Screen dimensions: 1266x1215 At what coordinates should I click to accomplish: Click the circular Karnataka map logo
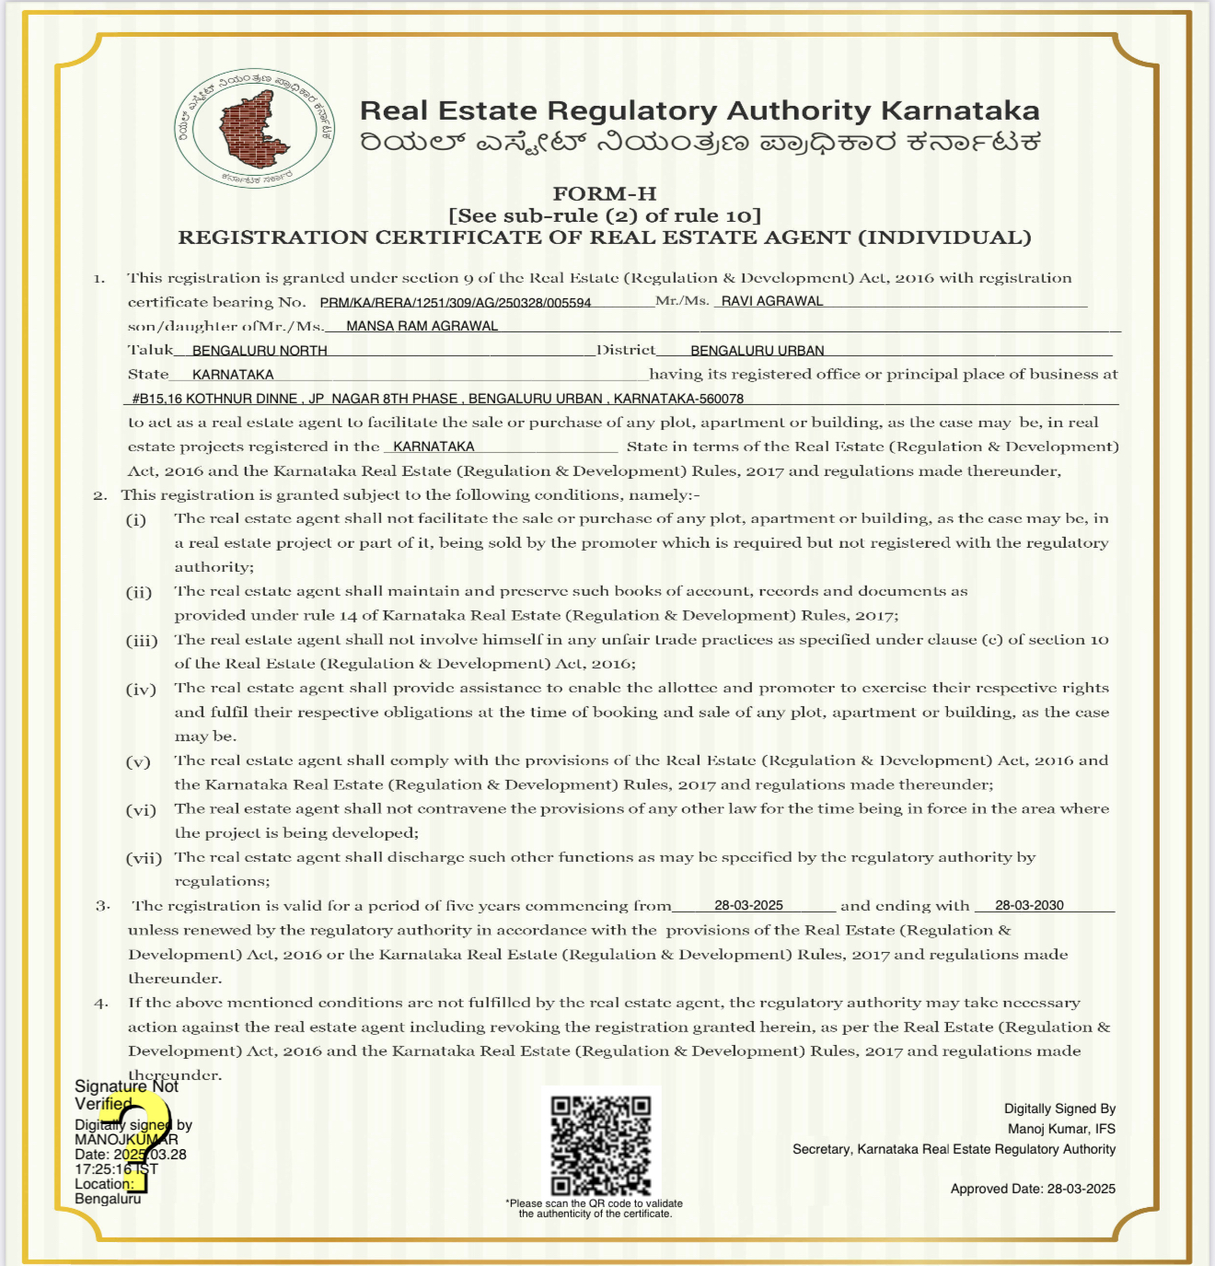click(255, 127)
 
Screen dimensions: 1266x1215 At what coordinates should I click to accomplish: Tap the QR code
click(601, 1144)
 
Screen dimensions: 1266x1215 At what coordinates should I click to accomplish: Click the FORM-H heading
click(604, 193)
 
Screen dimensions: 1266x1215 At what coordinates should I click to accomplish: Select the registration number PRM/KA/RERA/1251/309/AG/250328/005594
click(456, 302)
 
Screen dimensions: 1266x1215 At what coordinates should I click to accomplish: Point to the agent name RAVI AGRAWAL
click(772, 301)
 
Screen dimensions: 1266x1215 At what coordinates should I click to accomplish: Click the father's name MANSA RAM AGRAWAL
click(422, 326)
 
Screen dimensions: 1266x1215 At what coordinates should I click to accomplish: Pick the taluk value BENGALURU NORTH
click(260, 351)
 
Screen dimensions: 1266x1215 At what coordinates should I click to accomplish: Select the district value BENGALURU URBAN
click(757, 351)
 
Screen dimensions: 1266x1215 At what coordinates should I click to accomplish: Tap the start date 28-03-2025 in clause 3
click(748, 905)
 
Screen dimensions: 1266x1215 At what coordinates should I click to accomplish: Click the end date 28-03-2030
click(1029, 905)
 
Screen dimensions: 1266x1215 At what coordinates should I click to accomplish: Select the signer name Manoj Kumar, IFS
click(1061, 1129)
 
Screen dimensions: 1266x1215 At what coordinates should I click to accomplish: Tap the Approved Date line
click(1033, 1189)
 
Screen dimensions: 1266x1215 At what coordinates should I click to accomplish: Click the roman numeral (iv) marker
click(141, 689)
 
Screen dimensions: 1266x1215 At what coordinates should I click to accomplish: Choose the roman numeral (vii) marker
click(144, 858)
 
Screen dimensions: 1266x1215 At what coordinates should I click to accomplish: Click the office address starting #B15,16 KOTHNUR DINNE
click(437, 399)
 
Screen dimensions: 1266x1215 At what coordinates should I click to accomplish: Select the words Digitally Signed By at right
click(1059, 1109)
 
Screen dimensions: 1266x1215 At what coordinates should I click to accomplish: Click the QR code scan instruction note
click(595, 1208)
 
